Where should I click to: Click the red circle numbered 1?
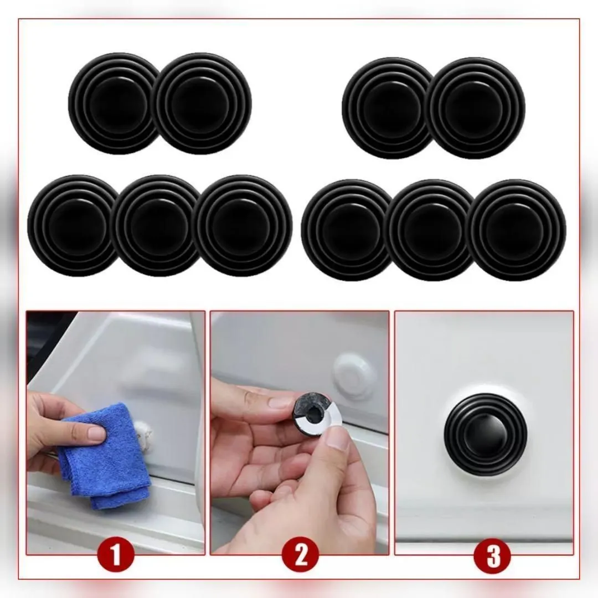(116, 554)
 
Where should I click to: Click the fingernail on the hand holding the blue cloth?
(95, 434)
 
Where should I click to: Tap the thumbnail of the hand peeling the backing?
(337, 437)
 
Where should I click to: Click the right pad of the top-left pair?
(203, 104)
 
